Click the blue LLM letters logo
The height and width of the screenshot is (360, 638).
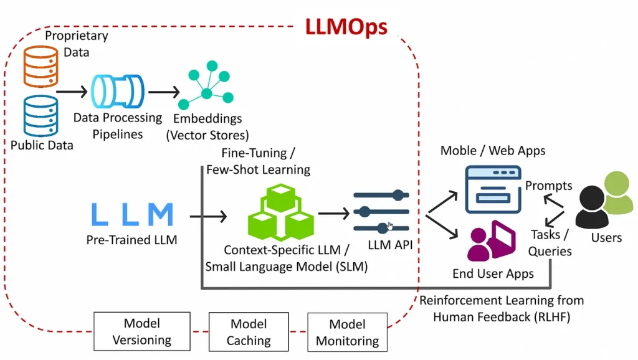(132, 214)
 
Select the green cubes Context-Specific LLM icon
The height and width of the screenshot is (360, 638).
(280, 212)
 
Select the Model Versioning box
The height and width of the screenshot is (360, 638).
(142, 331)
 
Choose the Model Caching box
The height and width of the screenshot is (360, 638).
(249, 332)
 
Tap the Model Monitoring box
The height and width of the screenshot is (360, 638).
(347, 332)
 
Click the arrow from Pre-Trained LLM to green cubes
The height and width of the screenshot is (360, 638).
(208, 217)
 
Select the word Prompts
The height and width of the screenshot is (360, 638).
(548, 186)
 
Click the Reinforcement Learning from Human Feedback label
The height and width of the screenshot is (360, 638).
(501, 309)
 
